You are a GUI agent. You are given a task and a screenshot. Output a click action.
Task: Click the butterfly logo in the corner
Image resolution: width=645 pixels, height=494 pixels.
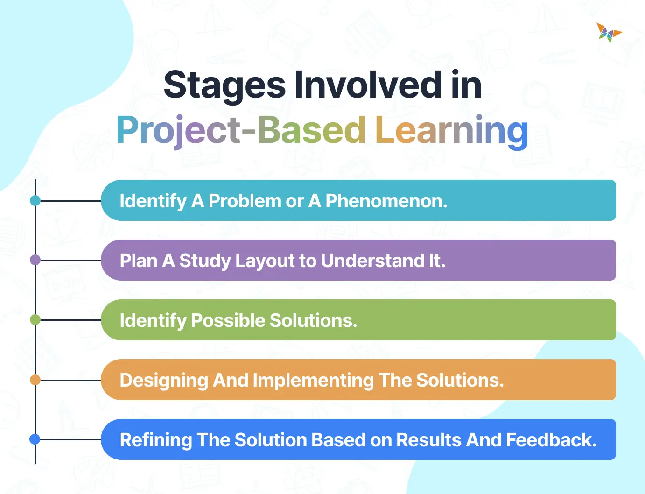point(609,33)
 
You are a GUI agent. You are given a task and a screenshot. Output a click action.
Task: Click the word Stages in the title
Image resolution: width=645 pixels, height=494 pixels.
point(224,85)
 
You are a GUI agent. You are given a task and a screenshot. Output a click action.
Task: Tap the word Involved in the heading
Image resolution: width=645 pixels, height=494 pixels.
point(368,85)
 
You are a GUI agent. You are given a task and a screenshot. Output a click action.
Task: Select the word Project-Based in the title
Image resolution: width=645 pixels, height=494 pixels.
point(241,130)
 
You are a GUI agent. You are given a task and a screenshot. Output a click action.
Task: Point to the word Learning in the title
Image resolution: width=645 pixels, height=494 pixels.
point(451,130)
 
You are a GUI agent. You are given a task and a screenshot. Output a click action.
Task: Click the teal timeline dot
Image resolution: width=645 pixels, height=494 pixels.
point(35,201)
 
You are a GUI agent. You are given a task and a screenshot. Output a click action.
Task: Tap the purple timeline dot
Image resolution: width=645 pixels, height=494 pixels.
point(35,260)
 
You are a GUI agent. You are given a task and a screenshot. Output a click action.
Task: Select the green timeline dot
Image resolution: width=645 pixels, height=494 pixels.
point(35,320)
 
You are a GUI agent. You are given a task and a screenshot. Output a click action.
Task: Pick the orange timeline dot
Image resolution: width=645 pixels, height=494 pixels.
point(35,380)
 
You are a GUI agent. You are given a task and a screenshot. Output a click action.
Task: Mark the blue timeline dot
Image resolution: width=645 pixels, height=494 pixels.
point(35,439)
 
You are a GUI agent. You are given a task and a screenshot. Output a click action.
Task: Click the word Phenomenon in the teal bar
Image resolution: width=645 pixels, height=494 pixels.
point(386,201)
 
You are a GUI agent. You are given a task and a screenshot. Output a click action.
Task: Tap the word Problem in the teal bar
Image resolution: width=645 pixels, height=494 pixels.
point(245,201)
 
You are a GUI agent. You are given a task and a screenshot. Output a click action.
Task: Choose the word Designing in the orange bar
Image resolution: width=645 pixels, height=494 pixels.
point(164,380)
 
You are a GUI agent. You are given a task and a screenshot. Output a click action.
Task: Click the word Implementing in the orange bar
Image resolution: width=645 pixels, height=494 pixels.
point(313,380)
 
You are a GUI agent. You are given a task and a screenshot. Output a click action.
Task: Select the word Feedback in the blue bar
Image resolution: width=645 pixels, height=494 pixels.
point(551,440)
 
